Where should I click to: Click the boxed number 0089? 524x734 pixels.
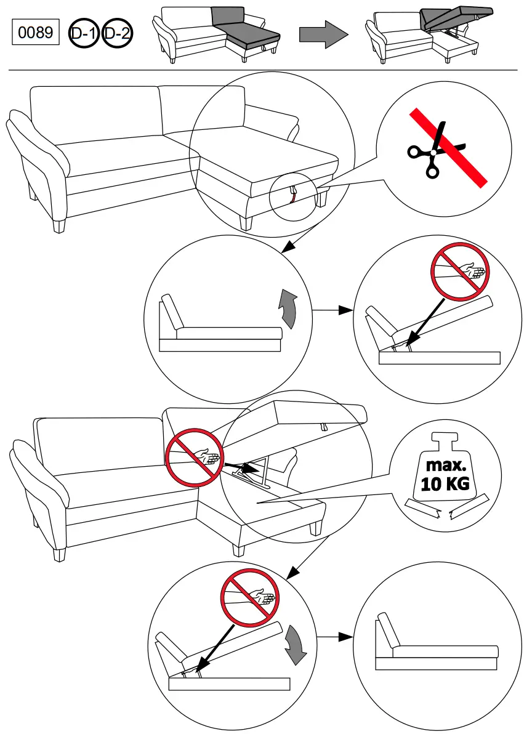35,33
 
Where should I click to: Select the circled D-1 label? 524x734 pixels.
83,33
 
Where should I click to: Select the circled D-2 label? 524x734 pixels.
116,33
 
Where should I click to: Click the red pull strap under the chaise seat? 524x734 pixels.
293,196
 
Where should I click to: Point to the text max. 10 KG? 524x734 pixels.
445,475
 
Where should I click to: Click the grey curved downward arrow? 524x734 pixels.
296,645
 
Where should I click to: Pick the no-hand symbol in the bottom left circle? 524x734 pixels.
249,597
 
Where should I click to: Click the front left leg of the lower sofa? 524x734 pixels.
59,554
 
